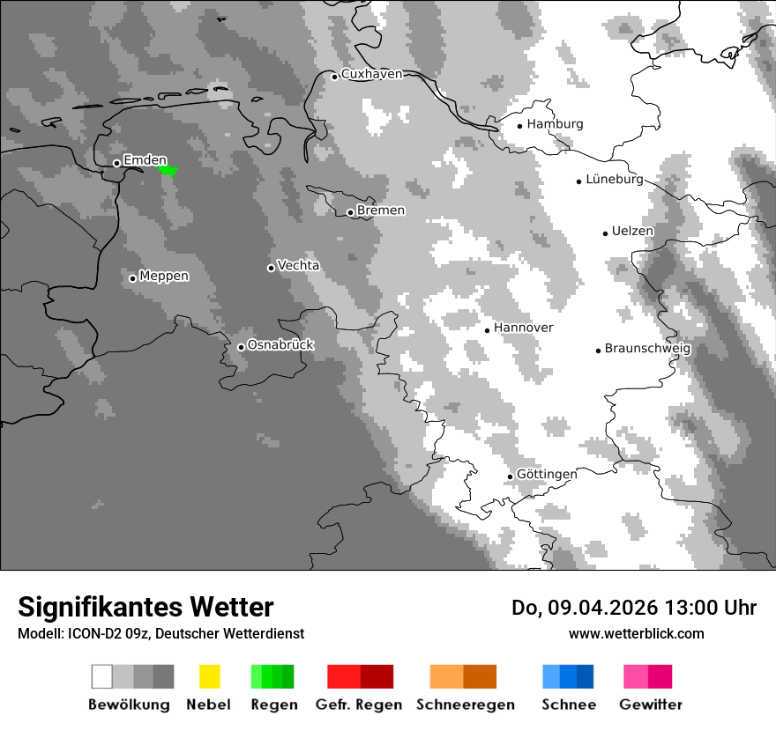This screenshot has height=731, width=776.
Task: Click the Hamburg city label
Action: [x=555, y=124]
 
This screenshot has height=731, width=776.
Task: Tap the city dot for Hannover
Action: [x=487, y=330]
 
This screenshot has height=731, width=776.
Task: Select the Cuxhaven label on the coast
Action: [x=371, y=74]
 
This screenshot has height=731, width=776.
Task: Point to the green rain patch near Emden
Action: [x=168, y=169]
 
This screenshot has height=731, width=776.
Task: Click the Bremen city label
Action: [x=381, y=210]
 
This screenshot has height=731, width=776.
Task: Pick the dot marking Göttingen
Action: [x=510, y=476]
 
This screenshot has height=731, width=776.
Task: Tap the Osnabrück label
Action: [x=280, y=345]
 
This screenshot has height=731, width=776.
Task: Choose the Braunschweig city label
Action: [x=647, y=348]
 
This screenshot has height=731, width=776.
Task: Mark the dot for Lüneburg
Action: [x=578, y=181]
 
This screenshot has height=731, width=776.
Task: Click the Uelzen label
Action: [x=632, y=231]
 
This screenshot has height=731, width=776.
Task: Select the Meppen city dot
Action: [x=132, y=278]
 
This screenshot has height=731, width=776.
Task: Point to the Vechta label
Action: [x=298, y=265]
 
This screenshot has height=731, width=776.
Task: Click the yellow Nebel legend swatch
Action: [x=209, y=676]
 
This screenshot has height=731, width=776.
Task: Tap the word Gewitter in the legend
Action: [x=650, y=705]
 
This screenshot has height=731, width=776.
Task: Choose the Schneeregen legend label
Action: [x=466, y=705]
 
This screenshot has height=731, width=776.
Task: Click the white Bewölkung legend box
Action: [x=102, y=676]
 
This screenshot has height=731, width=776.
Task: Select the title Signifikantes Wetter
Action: [x=145, y=607]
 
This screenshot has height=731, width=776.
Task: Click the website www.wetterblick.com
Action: [x=636, y=633]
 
